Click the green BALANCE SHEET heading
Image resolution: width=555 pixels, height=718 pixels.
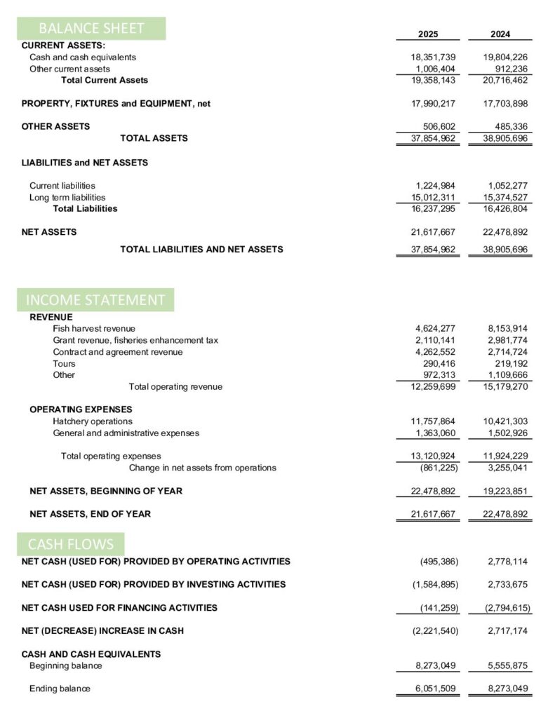click(x=91, y=29)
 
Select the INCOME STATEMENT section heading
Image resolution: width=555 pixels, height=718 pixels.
click(x=95, y=300)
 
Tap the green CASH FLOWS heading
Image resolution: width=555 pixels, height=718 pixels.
click(x=71, y=544)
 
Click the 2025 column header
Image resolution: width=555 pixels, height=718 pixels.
click(x=428, y=34)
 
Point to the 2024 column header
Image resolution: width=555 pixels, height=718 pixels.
click(x=500, y=34)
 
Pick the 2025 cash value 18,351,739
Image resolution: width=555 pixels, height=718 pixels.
click(x=433, y=57)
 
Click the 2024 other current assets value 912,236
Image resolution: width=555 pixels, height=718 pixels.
click(x=509, y=69)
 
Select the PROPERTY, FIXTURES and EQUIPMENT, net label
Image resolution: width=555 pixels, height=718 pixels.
click(x=116, y=104)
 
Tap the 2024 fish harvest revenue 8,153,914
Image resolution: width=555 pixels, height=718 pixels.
click(x=507, y=329)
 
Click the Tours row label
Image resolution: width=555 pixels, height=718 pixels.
click(x=64, y=364)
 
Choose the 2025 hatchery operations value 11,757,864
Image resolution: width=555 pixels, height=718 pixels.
click(x=433, y=421)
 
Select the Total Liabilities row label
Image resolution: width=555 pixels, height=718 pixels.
click(x=85, y=209)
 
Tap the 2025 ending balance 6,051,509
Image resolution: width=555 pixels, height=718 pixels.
click(x=436, y=689)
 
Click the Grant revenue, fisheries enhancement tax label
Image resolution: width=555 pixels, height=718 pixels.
click(x=135, y=340)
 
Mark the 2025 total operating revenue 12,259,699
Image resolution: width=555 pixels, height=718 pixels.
click(x=433, y=387)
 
